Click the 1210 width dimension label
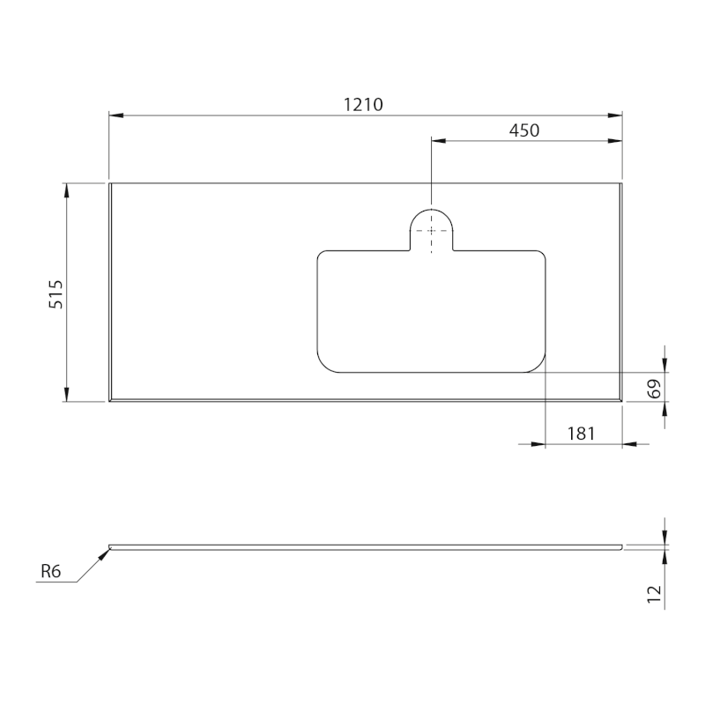(363, 105)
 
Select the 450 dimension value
(524, 130)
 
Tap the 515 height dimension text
(56, 294)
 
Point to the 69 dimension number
(655, 389)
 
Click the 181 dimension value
(581, 434)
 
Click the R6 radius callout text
(50, 571)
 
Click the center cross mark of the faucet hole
(431, 231)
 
